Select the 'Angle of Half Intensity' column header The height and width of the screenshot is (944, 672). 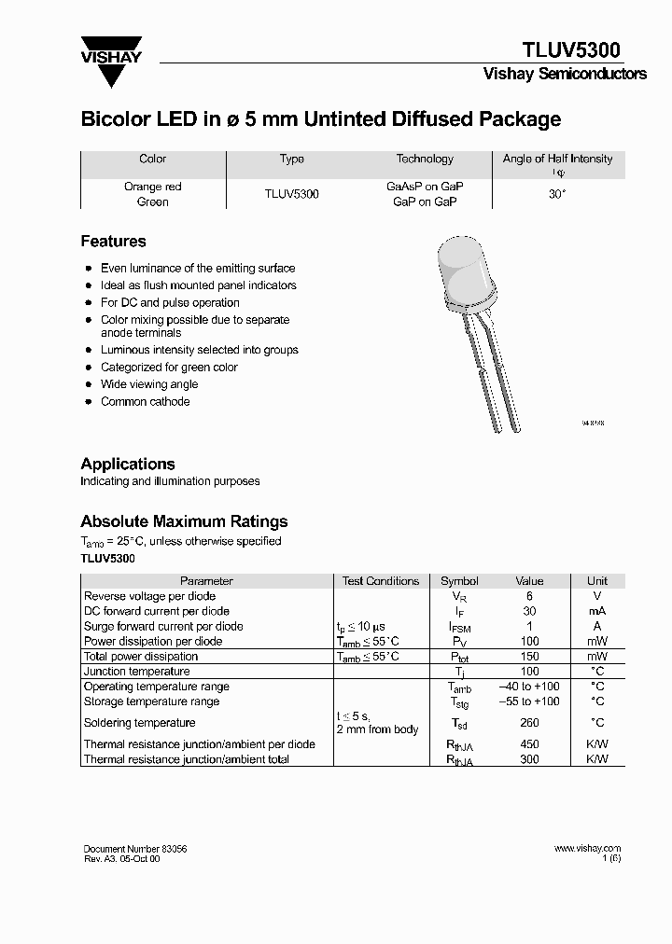point(557,160)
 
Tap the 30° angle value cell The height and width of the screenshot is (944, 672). point(557,194)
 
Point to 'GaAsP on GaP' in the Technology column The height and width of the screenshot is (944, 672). point(425,187)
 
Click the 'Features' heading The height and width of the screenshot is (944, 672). point(113,242)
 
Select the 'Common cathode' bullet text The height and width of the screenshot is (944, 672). point(145,402)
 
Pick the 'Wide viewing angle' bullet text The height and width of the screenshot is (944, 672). point(149,384)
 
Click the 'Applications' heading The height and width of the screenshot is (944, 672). point(128,464)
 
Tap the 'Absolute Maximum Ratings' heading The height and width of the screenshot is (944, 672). point(184,521)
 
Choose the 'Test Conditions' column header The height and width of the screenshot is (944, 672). point(381,581)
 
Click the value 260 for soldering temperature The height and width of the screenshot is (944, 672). point(529,723)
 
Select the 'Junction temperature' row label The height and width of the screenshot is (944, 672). point(136,672)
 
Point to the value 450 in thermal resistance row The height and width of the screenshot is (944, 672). point(529,744)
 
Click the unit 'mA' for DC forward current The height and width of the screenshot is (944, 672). point(596,611)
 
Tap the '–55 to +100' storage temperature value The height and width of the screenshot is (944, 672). point(529,701)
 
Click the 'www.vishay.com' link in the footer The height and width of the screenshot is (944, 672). point(587,849)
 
